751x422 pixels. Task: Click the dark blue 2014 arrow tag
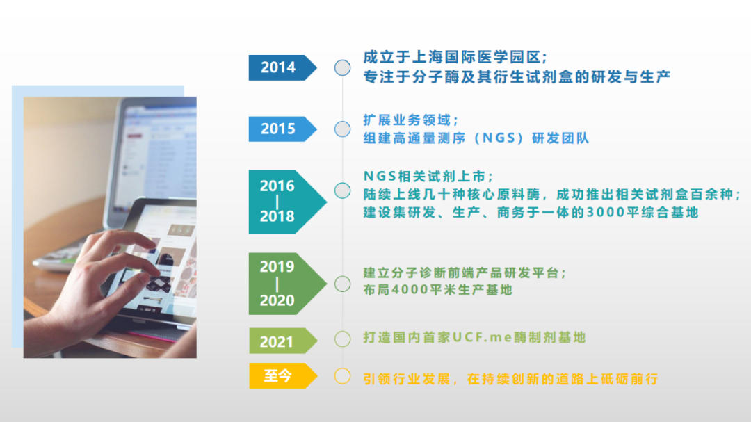(x=282, y=67)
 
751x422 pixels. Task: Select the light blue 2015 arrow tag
(x=282, y=129)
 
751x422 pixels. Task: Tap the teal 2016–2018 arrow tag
(x=287, y=202)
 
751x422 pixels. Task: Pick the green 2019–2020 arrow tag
(x=287, y=284)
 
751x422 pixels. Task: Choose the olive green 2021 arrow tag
(x=282, y=341)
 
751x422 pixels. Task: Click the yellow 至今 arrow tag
(x=282, y=376)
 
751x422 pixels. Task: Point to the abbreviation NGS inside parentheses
(x=503, y=138)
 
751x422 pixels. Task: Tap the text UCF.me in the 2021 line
(x=483, y=337)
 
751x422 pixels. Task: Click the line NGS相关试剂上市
(x=425, y=177)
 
